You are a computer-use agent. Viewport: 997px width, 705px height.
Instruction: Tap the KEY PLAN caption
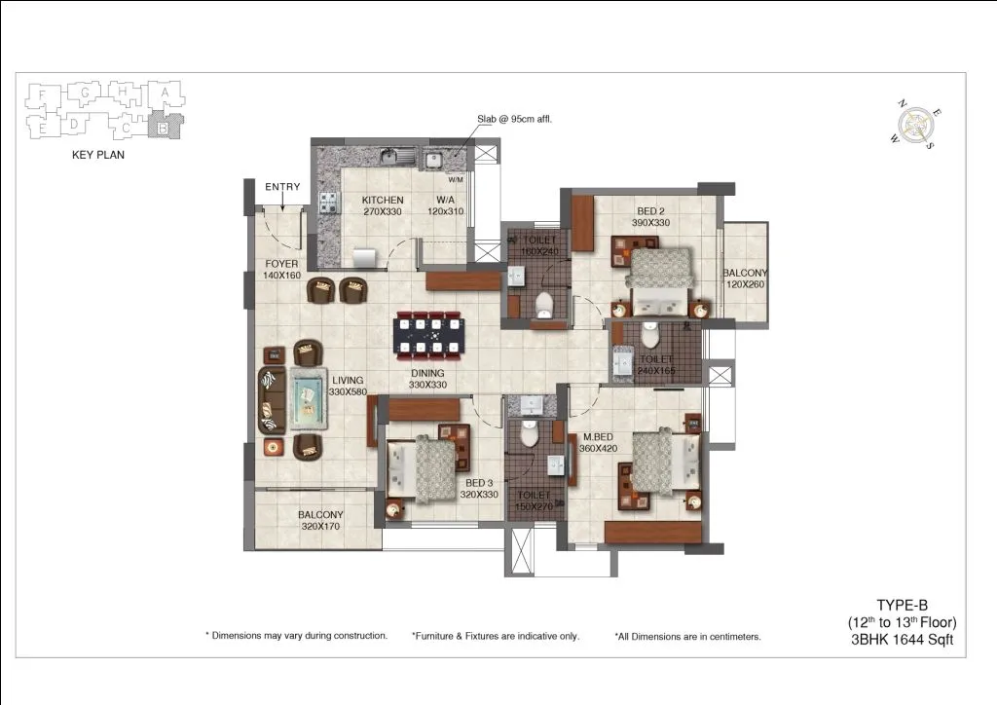coord(98,154)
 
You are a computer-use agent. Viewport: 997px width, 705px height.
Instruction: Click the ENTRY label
coord(282,187)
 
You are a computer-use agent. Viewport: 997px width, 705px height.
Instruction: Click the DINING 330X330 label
coord(426,379)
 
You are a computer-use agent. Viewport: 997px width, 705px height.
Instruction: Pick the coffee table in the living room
coord(308,399)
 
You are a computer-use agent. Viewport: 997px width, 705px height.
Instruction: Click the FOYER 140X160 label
coord(281,270)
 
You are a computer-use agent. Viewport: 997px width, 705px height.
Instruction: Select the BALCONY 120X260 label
coord(745,279)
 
